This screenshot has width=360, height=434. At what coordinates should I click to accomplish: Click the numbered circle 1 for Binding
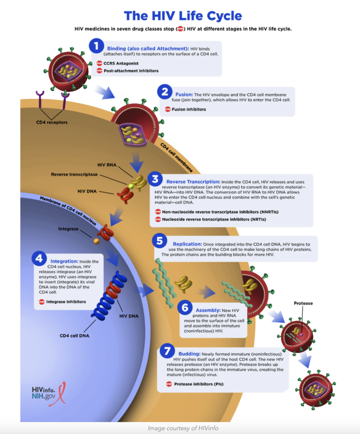pyautogui.click(x=96, y=46)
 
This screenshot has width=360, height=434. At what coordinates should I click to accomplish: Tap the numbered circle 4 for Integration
pyautogui.click(x=39, y=259)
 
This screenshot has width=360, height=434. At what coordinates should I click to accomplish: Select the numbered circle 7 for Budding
pyautogui.click(x=167, y=351)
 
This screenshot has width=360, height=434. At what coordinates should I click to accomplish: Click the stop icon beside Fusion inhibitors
pyautogui.click(x=168, y=109)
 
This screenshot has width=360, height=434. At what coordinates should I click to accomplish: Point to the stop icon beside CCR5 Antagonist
pyautogui.click(x=99, y=63)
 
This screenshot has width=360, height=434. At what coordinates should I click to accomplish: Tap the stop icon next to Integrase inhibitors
pyautogui.click(x=41, y=302)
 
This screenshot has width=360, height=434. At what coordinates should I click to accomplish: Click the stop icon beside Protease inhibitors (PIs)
pyautogui.click(x=169, y=384)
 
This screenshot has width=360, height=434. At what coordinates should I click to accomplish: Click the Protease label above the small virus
pyautogui.click(x=303, y=303)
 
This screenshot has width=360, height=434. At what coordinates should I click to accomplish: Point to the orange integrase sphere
pyautogui.click(x=96, y=241)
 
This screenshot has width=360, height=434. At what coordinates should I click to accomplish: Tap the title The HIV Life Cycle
pyautogui.click(x=183, y=16)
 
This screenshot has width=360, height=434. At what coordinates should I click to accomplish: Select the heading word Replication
pyautogui.click(x=187, y=244)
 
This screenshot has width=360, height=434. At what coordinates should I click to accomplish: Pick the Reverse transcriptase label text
pyautogui.click(x=74, y=174)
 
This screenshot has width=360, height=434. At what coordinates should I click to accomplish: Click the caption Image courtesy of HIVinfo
pyautogui.click(x=183, y=428)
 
